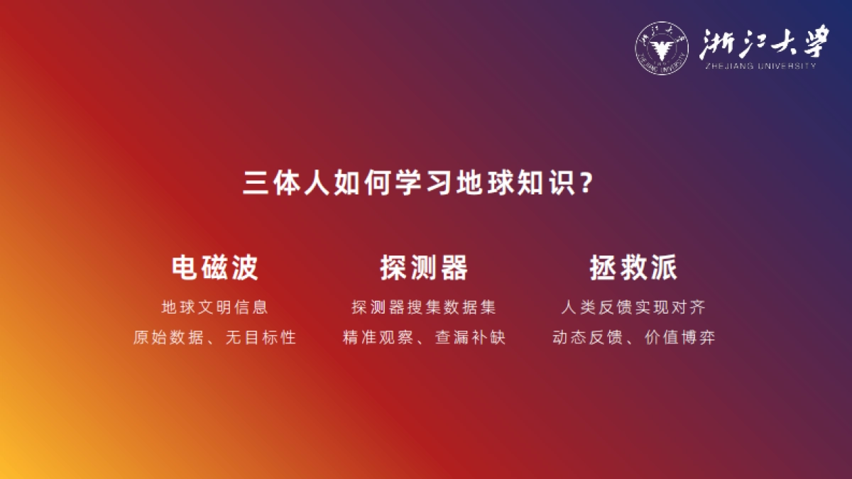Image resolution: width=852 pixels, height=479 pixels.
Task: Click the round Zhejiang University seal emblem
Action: (662, 50)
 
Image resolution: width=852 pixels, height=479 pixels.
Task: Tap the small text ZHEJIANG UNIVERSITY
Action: (760, 66)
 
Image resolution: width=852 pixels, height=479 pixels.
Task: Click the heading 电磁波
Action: (215, 268)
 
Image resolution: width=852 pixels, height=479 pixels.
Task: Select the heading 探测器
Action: (424, 268)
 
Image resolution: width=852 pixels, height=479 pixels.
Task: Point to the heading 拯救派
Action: (633, 268)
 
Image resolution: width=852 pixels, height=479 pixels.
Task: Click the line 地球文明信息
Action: (215, 308)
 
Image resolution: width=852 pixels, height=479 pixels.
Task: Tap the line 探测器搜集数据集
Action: (424, 308)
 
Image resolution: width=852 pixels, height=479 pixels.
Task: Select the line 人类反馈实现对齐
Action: (633, 308)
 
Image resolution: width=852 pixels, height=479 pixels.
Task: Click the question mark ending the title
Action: (586, 184)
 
